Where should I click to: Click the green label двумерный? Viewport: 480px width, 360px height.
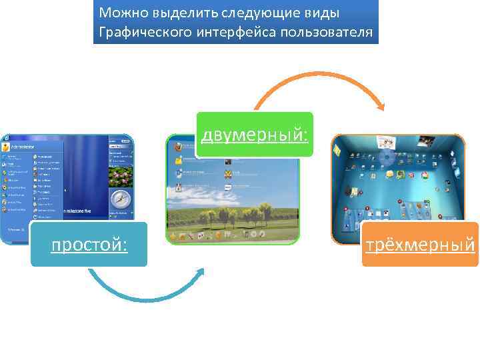point(255,135)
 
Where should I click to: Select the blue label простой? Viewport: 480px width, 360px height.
point(89,245)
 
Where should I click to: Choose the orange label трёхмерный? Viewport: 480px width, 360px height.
point(420,245)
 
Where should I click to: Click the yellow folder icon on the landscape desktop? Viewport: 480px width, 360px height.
point(179,161)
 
